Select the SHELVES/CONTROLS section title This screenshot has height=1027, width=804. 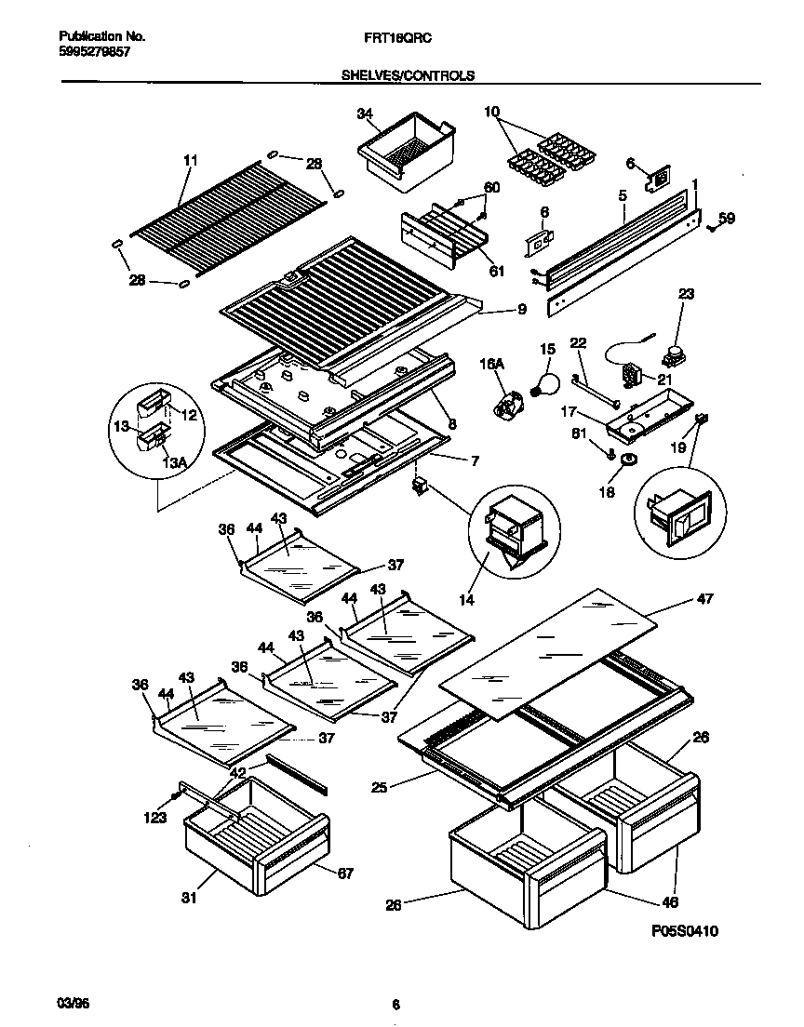pyautogui.click(x=408, y=75)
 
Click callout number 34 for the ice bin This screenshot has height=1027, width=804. pyautogui.click(x=365, y=114)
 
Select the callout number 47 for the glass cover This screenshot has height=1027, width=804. pyautogui.click(x=704, y=599)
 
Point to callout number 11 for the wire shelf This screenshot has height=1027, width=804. pyautogui.click(x=190, y=161)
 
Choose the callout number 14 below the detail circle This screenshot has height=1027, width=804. pyautogui.click(x=466, y=601)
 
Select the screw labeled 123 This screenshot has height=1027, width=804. pyautogui.click(x=173, y=798)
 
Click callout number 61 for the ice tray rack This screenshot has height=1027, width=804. pyautogui.click(x=497, y=272)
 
